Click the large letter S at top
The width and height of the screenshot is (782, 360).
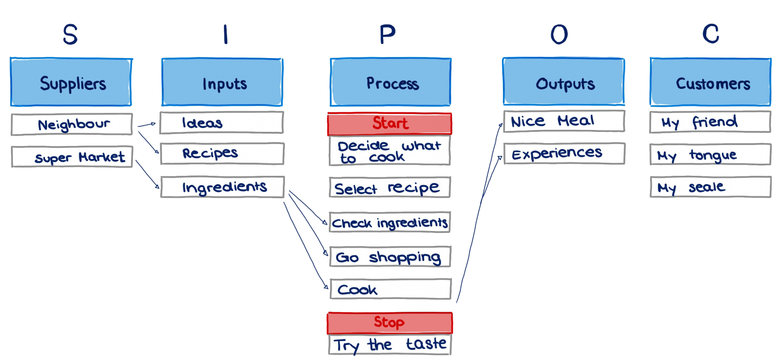coord(70,34)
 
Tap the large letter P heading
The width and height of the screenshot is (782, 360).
coord(387,34)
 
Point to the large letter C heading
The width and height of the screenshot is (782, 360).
coord(711,34)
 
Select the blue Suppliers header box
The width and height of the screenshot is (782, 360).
coord(71,83)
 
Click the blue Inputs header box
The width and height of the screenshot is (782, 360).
coord(222,83)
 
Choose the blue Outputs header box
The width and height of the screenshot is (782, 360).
coord(564,82)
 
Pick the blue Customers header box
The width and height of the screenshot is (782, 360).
coord(710,82)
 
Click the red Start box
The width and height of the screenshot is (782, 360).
coord(390,124)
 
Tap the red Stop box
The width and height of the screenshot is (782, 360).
coord(390,322)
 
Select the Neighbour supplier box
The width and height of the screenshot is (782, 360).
coord(72,125)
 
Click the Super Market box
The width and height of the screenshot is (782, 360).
coord(72,157)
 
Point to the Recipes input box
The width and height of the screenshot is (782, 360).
coord(222,153)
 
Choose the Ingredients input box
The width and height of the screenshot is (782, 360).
coord(222,187)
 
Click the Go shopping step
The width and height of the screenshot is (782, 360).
coord(390,257)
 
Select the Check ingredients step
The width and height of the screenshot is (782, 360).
coord(390,223)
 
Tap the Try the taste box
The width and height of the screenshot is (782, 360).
coord(390,344)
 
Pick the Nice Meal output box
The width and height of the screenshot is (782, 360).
coord(564,121)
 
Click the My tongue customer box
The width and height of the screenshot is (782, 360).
coord(710,155)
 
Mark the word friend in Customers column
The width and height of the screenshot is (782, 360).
coord(715,122)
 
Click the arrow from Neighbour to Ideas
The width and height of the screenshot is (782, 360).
coord(147,125)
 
